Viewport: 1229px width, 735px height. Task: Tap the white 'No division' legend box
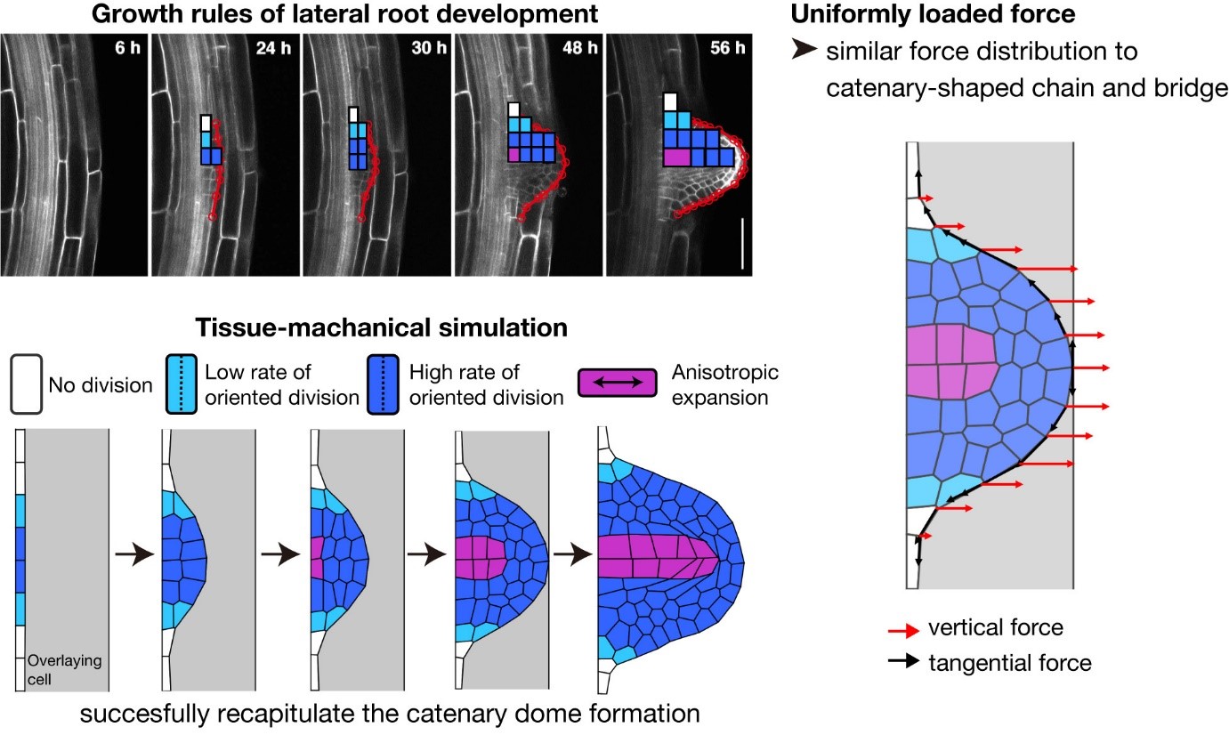pyautogui.click(x=27, y=384)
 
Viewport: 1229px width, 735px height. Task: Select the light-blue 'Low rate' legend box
pyautogui.click(x=182, y=384)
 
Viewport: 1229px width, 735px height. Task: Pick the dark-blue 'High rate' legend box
pyautogui.click(x=384, y=384)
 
